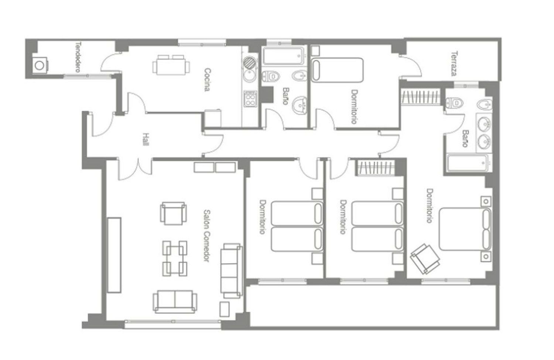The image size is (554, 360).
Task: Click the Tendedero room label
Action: (x=78, y=57)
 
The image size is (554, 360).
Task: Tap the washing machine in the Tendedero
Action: (x=40, y=65)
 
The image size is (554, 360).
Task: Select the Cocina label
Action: (x=208, y=80)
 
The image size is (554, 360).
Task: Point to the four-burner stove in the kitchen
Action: (x=250, y=99)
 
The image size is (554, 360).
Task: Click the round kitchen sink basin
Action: (x=249, y=76)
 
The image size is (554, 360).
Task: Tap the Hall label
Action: (x=146, y=140)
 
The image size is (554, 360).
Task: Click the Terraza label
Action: (x=454, y=64)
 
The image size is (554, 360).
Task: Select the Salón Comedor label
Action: (x=206, y=236)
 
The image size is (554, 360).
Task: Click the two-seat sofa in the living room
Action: (x=175, y=302)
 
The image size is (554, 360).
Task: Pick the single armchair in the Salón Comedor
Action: (x=173, y=213)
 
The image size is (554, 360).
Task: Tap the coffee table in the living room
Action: (x=175, y=258)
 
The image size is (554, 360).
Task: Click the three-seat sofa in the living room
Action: (x=231, y=271)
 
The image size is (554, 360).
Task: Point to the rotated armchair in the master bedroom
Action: (x=425, y=259)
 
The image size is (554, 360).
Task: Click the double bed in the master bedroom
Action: (x=465, y=229)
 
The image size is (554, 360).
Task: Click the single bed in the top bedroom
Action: (x=337, y=70)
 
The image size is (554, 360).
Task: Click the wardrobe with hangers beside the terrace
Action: (x=421, y=97)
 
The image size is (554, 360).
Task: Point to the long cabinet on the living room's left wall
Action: (x=114, y=255)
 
